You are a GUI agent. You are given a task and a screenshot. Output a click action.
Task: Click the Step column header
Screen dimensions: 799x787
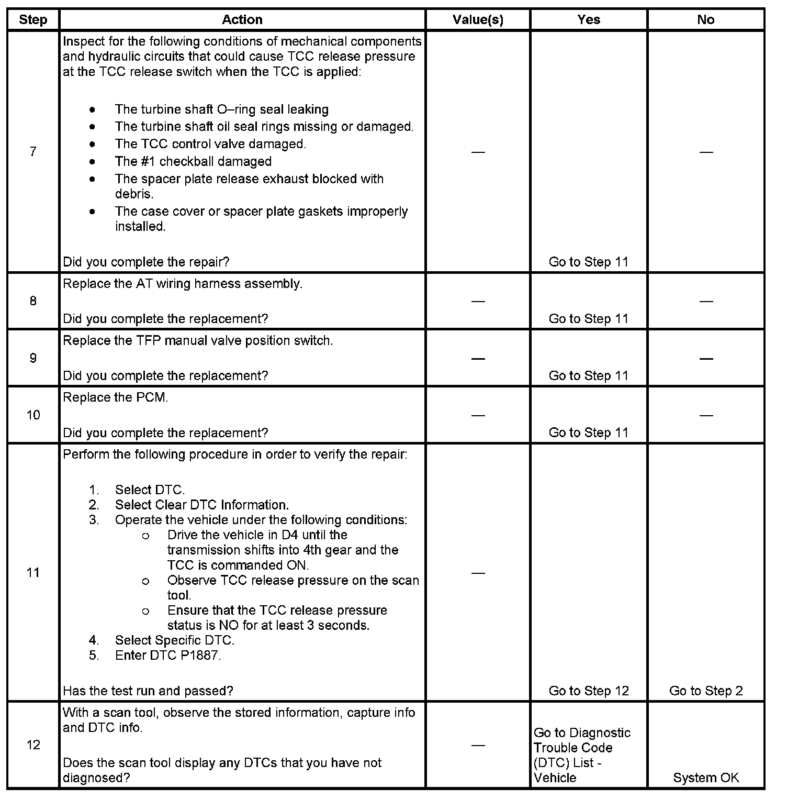(x=33, y=20)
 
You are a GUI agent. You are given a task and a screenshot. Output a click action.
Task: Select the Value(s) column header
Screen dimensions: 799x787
(x=478, y=20)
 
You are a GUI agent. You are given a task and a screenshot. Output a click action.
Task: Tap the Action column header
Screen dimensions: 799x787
(x=242, y=20)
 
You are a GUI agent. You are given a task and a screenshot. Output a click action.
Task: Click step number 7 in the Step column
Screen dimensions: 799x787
(x=33, y=152)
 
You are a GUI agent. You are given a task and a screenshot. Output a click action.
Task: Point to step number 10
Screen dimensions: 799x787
(x=33, y=415)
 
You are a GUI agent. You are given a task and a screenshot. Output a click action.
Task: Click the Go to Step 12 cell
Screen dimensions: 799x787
(x=589, y=691)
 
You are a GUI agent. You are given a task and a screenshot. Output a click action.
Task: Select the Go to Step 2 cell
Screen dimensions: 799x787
(x=706, y=691)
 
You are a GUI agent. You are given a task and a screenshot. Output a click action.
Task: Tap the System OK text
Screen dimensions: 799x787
(x=706, y=778)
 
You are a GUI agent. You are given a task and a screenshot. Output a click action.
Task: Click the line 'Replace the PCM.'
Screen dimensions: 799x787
(x=116, y=397)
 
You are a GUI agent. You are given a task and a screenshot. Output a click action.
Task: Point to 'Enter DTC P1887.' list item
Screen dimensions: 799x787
(x=168, y=655)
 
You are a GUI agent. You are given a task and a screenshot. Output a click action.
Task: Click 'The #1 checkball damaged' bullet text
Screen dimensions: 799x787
(x=193, y=161)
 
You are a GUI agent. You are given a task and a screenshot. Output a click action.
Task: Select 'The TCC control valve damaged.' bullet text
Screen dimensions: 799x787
(x=210, y=144)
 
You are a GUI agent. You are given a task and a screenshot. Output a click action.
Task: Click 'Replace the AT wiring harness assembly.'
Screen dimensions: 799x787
(x=183, y=284)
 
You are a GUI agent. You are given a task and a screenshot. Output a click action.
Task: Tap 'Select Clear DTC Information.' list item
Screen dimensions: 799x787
(x=202, y=505)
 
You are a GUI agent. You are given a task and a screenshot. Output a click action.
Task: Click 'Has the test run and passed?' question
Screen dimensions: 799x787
(x=148, y=691)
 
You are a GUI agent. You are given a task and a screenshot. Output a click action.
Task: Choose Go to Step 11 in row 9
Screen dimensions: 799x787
(x=589, y=375)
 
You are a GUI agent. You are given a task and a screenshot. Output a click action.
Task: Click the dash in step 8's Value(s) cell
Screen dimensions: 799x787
(x=478, y=301)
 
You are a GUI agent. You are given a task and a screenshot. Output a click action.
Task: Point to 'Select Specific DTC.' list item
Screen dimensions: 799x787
(x=175, y=640)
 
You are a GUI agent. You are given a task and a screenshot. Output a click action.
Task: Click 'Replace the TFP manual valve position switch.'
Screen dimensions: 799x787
(x=198, y=340)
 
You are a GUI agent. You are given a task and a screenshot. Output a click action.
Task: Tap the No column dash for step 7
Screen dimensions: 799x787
(x=706, y=152)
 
